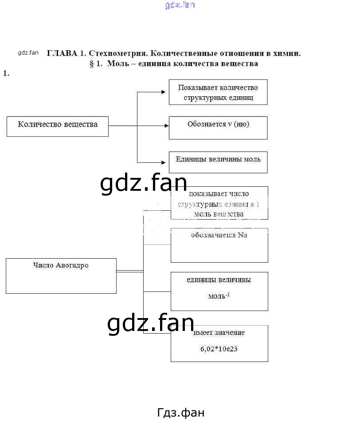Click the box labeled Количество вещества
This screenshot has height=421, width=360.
pos(58,126)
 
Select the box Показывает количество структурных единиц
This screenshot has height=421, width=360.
pos(218,92)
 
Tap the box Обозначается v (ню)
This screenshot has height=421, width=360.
pos(218,128)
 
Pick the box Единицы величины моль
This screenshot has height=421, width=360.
pos(218,162)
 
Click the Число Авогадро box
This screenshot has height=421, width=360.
pos(61,276)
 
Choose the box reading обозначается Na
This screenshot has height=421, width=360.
pos(219,245)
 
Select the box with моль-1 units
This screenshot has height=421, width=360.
pos(219,291)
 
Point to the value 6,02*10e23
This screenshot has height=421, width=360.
pos(219,349)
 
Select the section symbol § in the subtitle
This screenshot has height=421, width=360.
pos(92,64)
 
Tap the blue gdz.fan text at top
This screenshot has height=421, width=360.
pos(180,5)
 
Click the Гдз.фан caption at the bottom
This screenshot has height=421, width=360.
pos(181,413)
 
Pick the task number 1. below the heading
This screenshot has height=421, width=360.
pos(6,74)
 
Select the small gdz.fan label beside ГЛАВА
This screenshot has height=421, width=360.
pos(28,53)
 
